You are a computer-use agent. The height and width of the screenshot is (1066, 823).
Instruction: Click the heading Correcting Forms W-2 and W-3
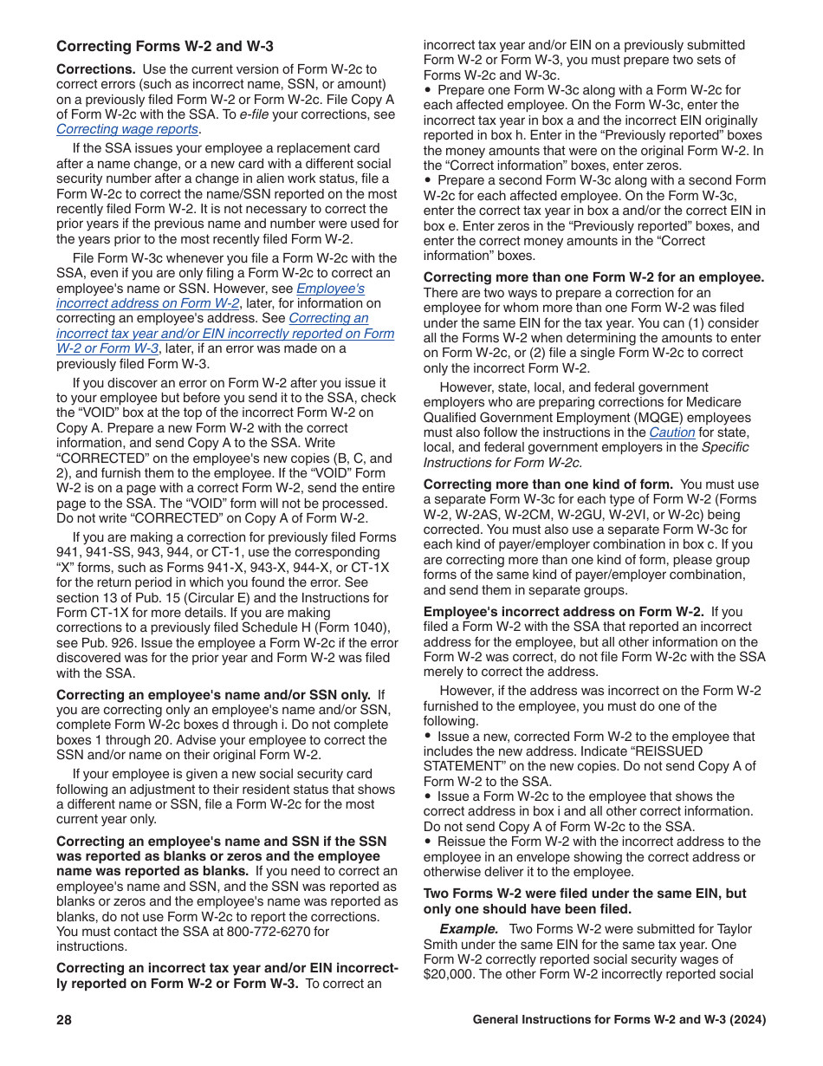pyautogui.click(x=165, y=47)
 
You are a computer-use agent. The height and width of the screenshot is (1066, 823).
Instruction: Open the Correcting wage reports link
pyautogui.click(x=127, y=129)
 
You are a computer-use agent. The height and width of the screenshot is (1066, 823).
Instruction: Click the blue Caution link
pyautogui.click(x=672, y=432)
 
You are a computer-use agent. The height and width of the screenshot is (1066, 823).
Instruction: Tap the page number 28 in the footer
pyautogui.click(x=64, y=1020)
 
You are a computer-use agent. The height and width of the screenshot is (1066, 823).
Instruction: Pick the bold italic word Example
pyautogui.click(x=468, y=929)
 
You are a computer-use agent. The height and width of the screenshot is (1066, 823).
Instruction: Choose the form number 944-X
pyautogui.click(x=288, y=568)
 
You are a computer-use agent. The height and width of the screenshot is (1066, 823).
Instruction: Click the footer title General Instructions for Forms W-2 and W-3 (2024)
pyautogui.click(x=619, y=1020)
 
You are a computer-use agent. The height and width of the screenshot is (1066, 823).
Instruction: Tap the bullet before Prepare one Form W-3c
pyautogui.click(x=428, y=90)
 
